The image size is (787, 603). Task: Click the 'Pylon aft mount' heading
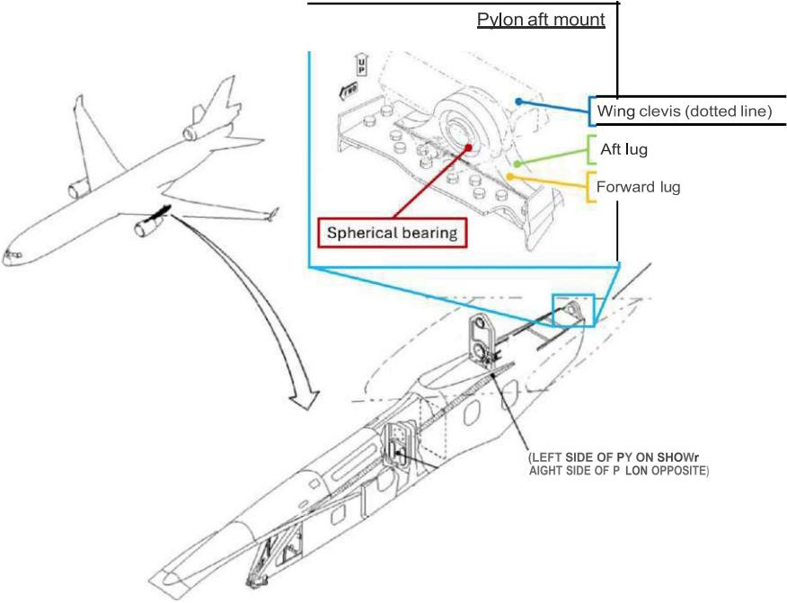[541, 20]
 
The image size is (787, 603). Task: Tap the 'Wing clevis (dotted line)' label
[684, 111]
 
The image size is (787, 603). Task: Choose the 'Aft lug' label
[623, 149]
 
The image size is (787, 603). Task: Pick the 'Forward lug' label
[638, 187]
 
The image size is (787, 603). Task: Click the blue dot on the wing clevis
[518, 101]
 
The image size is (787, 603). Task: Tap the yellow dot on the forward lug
[509, 176]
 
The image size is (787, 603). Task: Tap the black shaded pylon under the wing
[163, 211]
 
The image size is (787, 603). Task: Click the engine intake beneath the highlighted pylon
[140, 231]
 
